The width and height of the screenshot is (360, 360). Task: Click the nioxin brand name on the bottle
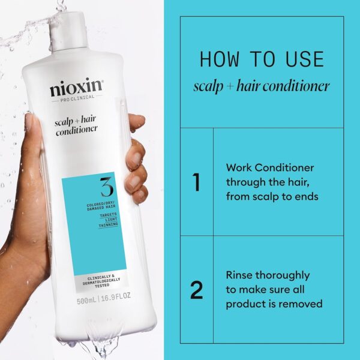(x=76, y=90)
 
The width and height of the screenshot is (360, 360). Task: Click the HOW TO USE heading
(x=261, y=59)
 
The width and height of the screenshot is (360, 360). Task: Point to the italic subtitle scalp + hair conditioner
(x=261, y=86)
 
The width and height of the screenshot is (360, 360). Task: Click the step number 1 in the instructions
(x=196, y=182)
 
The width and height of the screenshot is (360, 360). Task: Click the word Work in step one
(x=239, y=168)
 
